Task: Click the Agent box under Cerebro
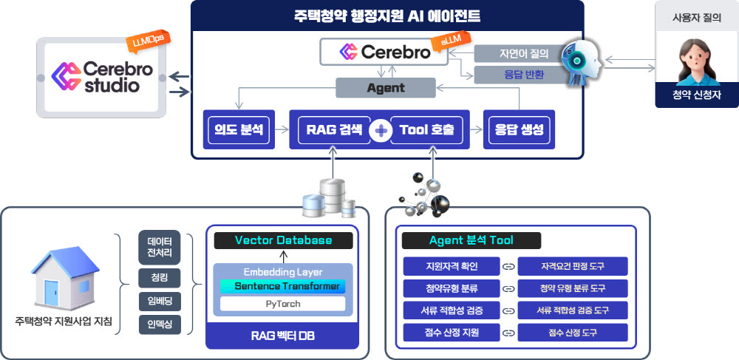point(385,87)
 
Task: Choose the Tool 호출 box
point(427,130)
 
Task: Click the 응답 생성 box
point(518,130)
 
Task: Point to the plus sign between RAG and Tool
point(381,131)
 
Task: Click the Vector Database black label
point(283,240)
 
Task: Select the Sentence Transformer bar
point(283,286)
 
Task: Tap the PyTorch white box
point(283,303)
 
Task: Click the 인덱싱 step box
point(159,324)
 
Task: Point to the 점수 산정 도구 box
point(573,333)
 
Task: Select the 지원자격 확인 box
point(452,265)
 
